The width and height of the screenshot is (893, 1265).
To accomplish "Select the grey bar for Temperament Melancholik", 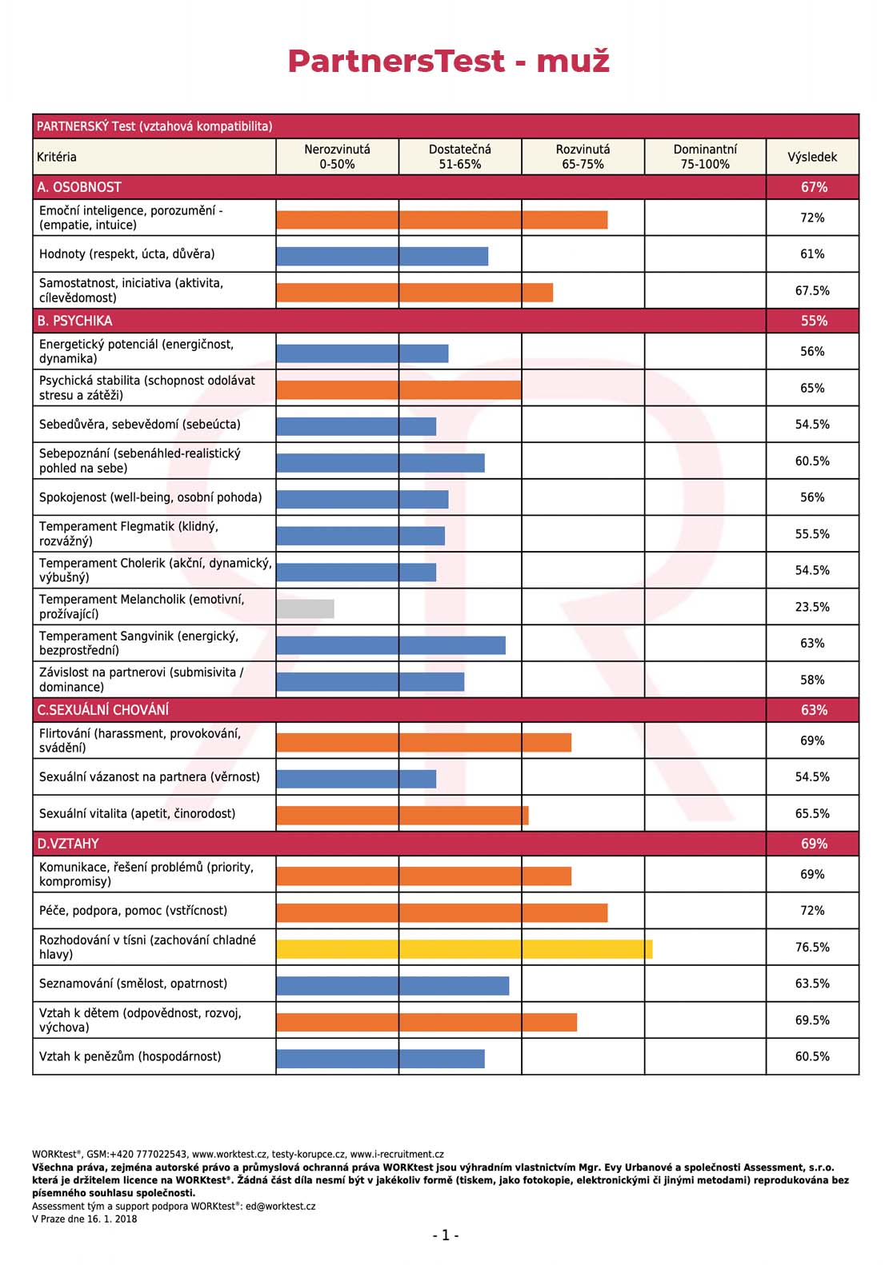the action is (305, 609).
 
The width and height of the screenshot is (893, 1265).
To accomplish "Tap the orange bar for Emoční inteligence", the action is (442, 220).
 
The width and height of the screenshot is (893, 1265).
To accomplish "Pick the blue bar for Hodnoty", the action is (382, 256).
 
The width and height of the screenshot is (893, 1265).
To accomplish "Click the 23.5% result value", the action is (812, 607).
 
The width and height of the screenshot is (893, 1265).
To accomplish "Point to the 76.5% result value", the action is (812, 947).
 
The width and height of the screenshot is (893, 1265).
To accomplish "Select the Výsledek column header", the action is (812, 157).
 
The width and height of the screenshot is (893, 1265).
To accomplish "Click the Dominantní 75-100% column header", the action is (705, 157).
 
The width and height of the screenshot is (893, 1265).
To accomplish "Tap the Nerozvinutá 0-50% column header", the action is (337, 157).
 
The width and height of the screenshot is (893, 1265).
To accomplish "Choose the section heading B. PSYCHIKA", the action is (74, 321).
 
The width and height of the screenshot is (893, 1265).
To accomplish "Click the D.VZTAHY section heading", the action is (68, 843).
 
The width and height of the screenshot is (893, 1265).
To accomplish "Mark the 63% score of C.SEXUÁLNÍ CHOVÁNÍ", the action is (814, 710).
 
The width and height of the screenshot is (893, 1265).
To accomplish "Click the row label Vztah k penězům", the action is (130, 1056).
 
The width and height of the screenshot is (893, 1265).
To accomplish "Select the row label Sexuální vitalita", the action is (138, 813).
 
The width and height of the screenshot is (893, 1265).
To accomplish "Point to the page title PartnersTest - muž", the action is (449, 61).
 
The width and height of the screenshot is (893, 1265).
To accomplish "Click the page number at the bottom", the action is (446, 1235).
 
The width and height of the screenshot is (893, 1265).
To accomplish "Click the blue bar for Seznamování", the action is (393, 985).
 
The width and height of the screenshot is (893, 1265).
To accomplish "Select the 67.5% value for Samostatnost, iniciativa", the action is (812, 290).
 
